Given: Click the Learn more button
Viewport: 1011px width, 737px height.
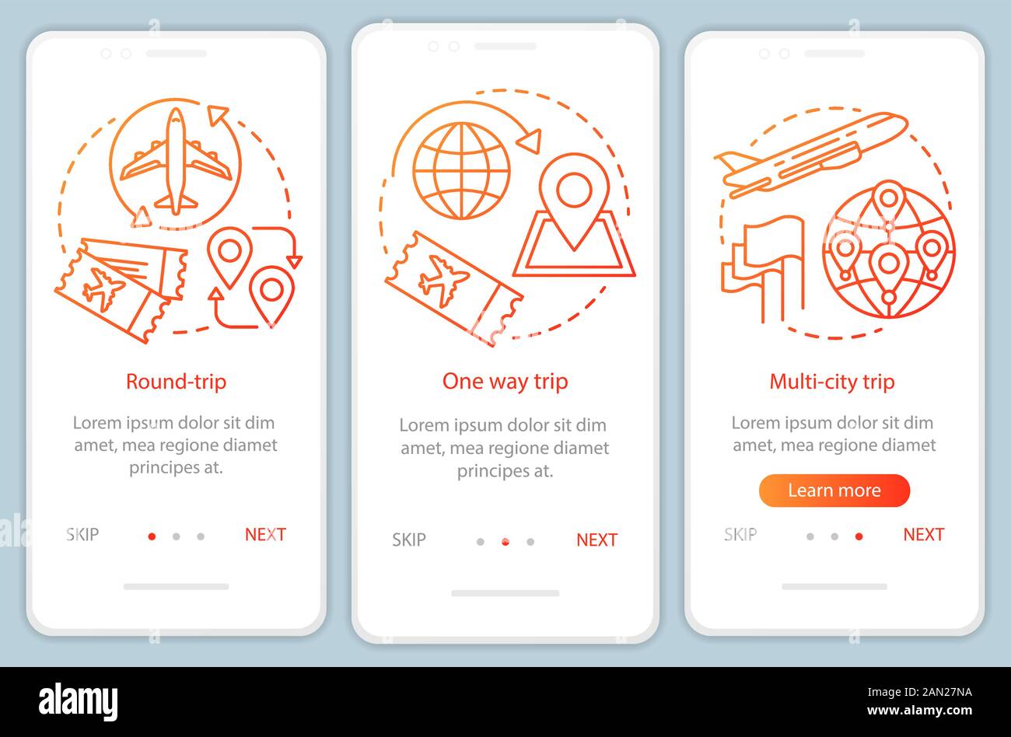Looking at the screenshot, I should (x=834, y=491).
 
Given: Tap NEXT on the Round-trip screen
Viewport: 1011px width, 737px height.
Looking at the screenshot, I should (x=265, y=534).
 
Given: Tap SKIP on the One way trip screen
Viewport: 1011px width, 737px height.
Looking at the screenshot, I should (x=408, y=540).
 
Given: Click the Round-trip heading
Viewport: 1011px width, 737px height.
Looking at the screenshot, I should (x=176, y=382).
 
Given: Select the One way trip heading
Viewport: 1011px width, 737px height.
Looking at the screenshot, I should (x=505, y=382).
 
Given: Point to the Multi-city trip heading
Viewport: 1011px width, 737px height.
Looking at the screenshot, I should (x=831, y=382).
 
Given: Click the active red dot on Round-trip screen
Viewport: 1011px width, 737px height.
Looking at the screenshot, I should (x=152, y=536).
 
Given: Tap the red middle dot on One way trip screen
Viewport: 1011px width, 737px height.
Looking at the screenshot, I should (x=505, y=542).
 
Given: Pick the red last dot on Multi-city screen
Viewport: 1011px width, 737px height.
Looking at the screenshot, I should (x=859, y=536).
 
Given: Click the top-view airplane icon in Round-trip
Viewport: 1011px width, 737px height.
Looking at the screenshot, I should (x=176, y=162).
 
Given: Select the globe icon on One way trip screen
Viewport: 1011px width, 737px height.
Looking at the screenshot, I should (x=461, y=169).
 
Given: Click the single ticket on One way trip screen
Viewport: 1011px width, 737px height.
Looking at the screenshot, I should (x=453, y=288).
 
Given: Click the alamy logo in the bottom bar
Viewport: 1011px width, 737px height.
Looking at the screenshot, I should (x=78, y=701).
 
